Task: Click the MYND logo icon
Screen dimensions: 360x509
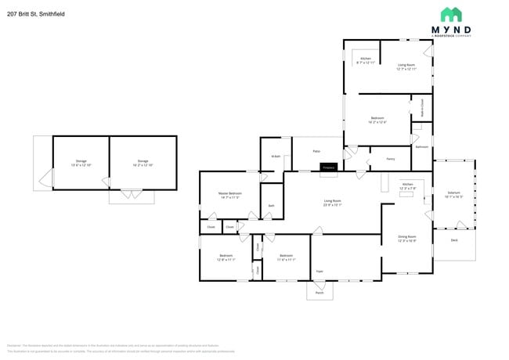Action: [x=450, y=15]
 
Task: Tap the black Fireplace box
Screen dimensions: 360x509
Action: [x=328, y=167]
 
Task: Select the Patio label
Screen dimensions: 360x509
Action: [x=316, y=152]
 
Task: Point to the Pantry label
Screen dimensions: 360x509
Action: [x=390, y=158]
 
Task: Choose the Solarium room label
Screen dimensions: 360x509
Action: [x=453, y=194]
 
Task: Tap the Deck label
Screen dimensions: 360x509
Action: [x=453, y=241]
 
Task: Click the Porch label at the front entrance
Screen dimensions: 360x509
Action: [x=319, y=293]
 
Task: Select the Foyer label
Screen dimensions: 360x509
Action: [x=319, y=271]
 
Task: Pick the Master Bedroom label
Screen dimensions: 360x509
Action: [x=230, y=195]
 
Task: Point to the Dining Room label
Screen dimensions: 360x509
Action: [x=406, y=239]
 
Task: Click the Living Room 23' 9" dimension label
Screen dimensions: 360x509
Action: [x=333, y=203]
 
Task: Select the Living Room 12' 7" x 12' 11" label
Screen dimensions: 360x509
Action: [x=406, y=67]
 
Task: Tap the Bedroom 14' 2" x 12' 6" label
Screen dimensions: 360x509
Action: [x=377, y=120]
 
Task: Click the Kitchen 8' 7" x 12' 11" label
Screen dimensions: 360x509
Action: [x=366, y=60]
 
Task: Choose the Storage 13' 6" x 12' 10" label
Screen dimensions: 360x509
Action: [x=81, y=163]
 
